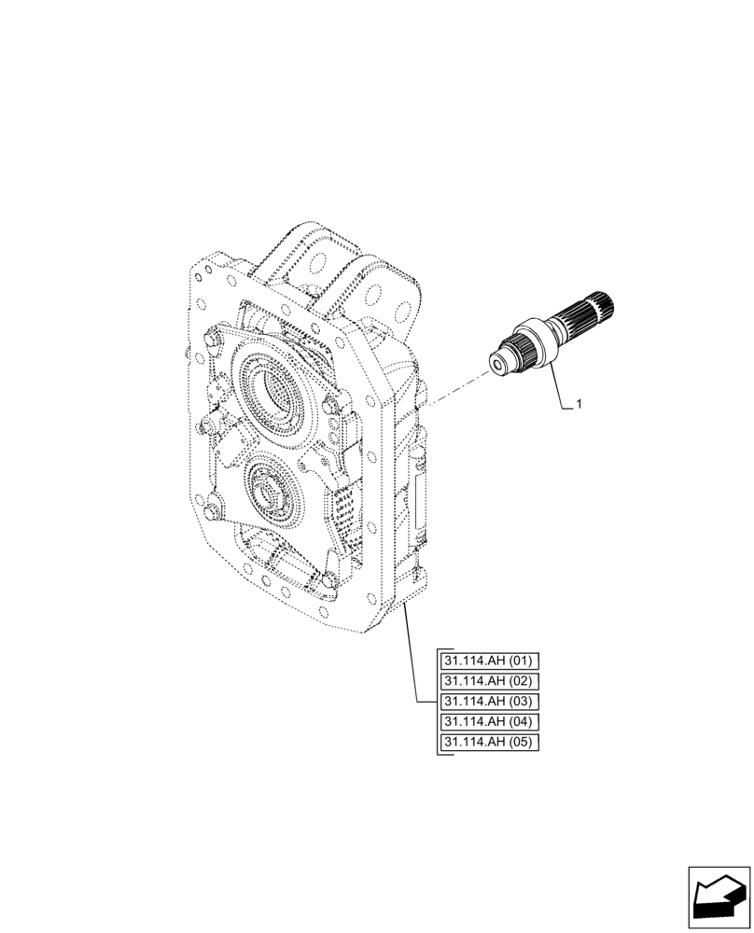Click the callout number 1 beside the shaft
[x=579, y=404]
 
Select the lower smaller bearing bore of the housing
[x=274, y=499]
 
